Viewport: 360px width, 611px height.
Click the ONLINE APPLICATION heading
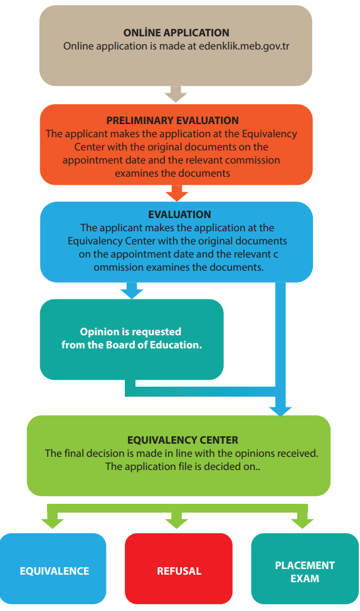tap(176, 33)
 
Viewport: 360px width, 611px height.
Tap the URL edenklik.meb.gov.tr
tap(244, 46)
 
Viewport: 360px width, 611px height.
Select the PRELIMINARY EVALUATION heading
tap(172, 120)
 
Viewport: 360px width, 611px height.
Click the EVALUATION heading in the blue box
tap(179, 214)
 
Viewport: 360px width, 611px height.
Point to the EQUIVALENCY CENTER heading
tap(183, 441)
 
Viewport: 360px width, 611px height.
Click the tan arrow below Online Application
tap(176, 94)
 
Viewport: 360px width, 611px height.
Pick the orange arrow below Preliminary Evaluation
tap(177, 193)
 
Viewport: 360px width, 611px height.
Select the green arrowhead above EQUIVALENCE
tap(52, 523)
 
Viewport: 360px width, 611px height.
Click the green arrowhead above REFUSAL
tap(177, 523)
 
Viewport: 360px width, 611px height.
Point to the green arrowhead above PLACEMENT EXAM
tap(302, 523)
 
